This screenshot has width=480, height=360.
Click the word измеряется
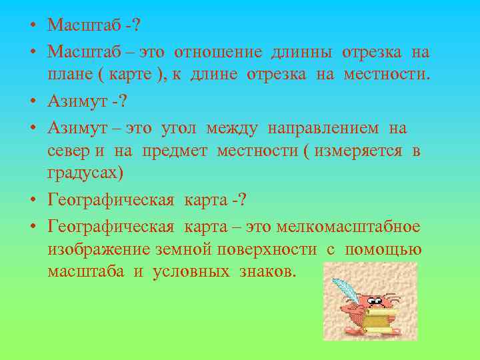[x=358, y=151]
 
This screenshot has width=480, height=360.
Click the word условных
[x=191, y=273]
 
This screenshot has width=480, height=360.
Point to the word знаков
[x=268, y=273]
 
